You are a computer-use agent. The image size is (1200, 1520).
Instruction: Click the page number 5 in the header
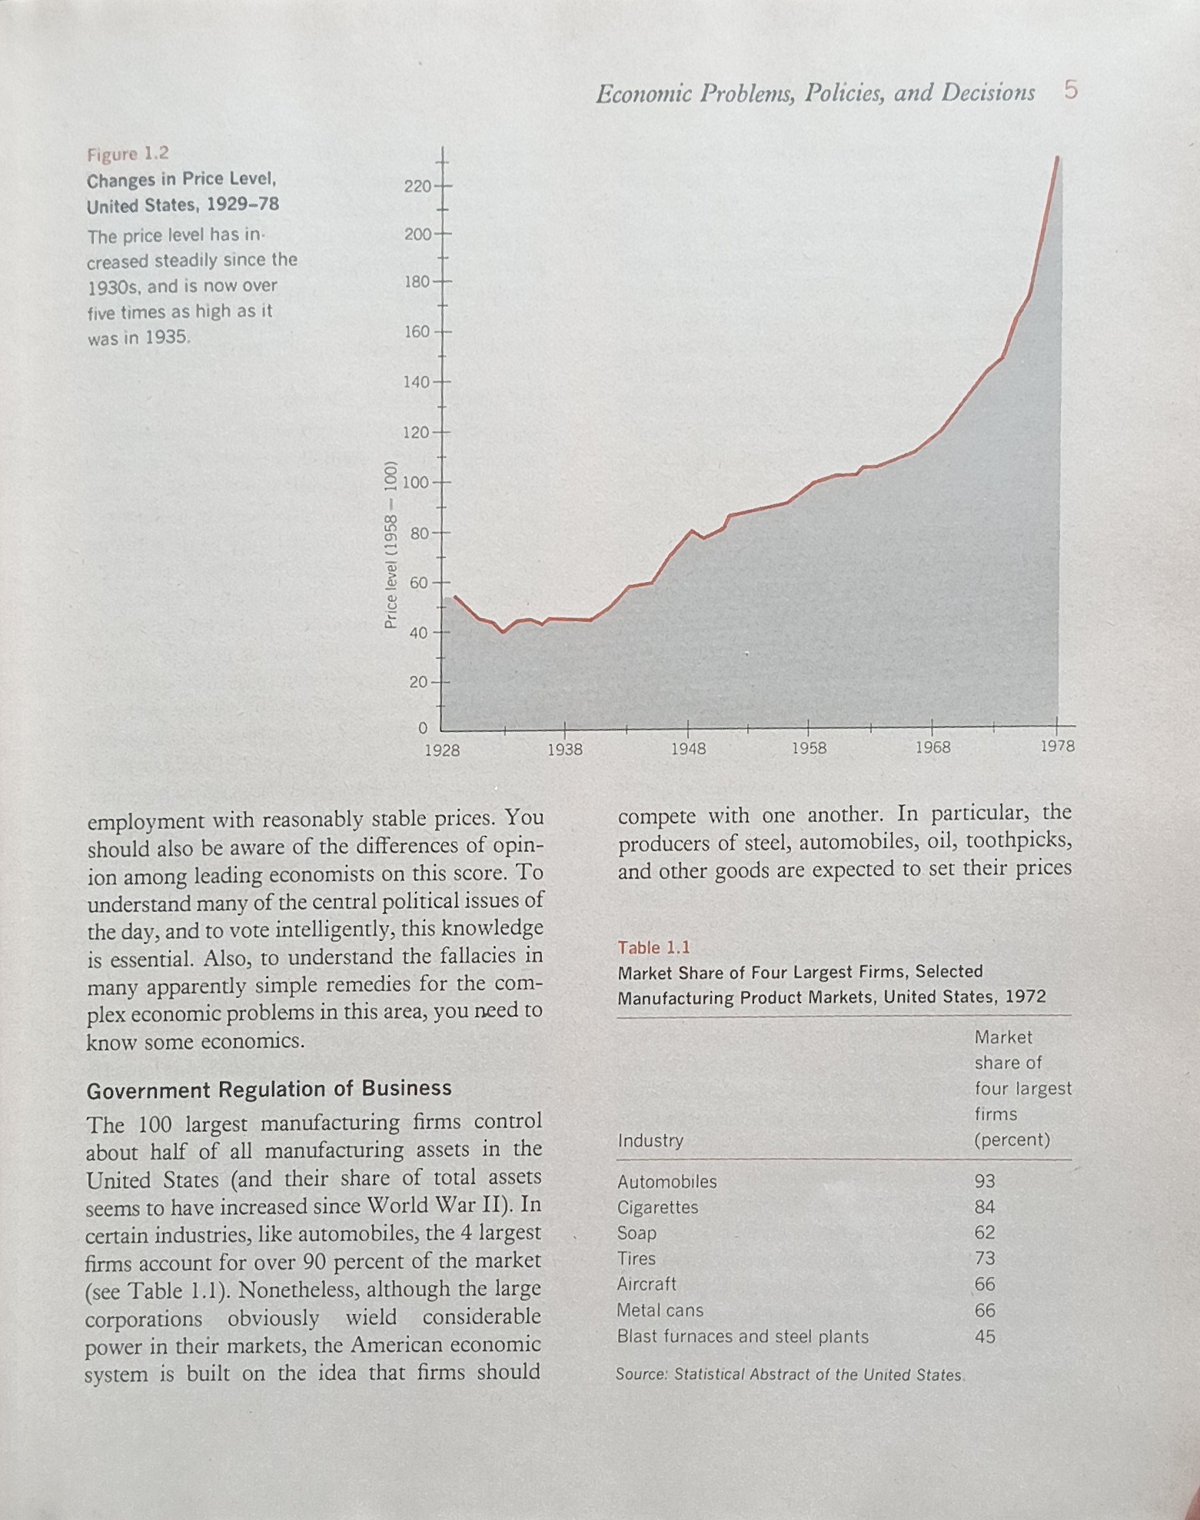pyautogui.click(x=1071, y=91)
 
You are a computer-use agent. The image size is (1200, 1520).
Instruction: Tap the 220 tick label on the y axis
pyautogui.click(x=418, y=186)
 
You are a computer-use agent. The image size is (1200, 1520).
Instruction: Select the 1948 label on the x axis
pyautogui.click(x=687, y=748)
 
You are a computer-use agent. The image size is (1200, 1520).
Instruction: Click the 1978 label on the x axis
pyautogui.click(x=1057, y=746)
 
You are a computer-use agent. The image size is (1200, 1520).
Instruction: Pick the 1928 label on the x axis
pyautogui.click(x=442, y=749)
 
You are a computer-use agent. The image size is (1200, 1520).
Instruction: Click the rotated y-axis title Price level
pyautogui.click(x=391, y=545)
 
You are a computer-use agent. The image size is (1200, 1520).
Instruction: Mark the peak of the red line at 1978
pyautogui.click(x=1057, y=158)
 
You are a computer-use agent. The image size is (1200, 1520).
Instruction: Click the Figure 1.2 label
pyautogui.click(x=128, y=155)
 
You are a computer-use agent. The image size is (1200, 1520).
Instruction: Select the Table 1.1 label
pyautogui.click(x=653, y=947)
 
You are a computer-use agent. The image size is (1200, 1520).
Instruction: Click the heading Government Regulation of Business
pyautogui.click(x=269, y=1089)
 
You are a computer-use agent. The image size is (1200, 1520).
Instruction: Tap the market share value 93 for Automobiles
pyautogui.click(x=984, y=1181)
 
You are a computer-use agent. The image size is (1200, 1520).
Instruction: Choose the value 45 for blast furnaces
pyautogui.click(x=985, y=1336)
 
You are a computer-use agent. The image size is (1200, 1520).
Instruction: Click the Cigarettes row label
pyautogui.click(x=657, y=1207)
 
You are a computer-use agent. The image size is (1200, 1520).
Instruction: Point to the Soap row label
pyautogui.click(x=637, y=1233)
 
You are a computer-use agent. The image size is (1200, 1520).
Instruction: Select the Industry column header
pyautogui.click(x=650, y=1140)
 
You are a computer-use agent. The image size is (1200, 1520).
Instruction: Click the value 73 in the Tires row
pyautogui.click(x=985, y=1259)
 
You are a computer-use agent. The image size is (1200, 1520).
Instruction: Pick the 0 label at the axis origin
pyautogui.click(x=422, y=727)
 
